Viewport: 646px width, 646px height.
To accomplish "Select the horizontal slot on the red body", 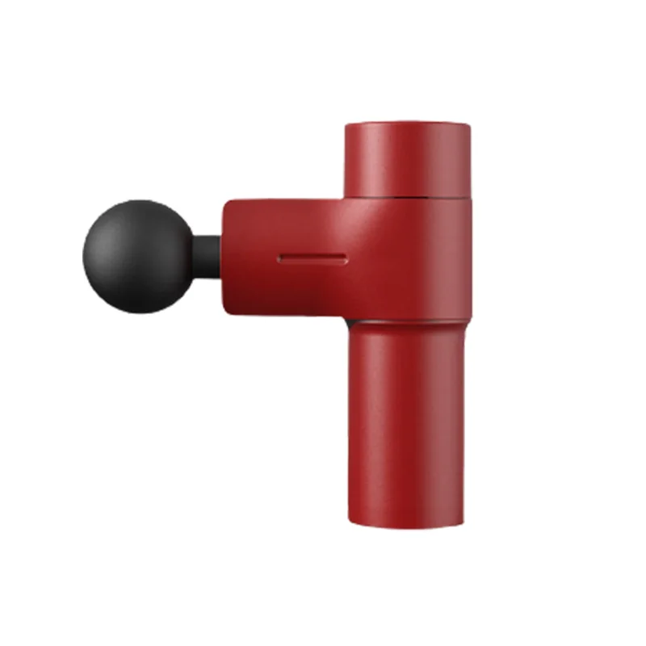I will click(313, 259).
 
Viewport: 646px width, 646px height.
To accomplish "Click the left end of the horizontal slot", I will click(280, 259).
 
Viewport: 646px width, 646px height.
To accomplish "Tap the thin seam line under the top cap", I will click(407, 197).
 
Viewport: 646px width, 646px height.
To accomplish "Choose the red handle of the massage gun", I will click(406, 420).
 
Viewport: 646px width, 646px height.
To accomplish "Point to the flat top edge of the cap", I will click(407, 123).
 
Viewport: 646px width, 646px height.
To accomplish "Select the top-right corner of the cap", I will click(468, 126).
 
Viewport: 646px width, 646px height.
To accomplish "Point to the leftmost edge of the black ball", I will click(82, 256).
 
